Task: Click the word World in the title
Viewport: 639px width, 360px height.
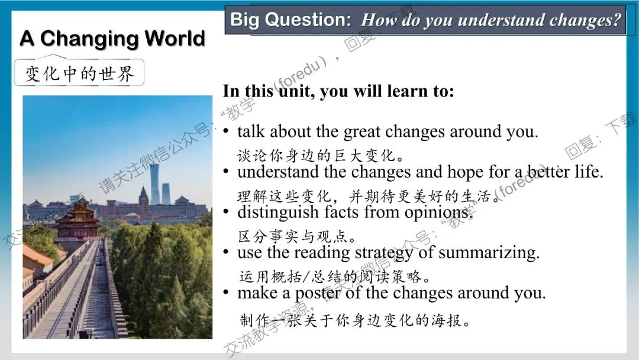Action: click(x=175, y=38)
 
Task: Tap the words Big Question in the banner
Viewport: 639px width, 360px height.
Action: click(x=291, y=20)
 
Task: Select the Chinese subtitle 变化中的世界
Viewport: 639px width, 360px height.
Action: click(x=79, y=74)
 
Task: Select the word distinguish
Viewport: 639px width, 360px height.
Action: click(x=278, y=213)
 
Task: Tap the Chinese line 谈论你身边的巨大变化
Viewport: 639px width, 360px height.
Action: click(x=320, y=155)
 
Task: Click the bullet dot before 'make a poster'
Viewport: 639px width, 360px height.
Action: click(x=226, y=292)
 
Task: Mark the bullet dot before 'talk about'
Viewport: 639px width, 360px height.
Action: click(x=226, y=131)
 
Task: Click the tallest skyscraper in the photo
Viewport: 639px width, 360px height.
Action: click(x=154, y=184)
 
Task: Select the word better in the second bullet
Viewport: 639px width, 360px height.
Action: click(x=548, y=172)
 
